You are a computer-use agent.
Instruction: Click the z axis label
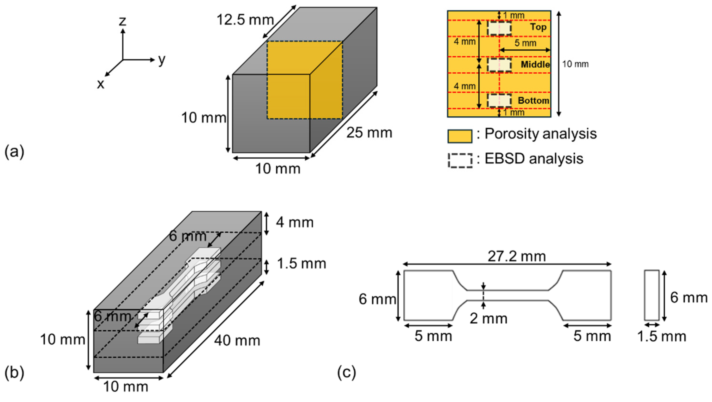click(122, 21)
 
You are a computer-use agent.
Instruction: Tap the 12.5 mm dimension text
click(245, 20)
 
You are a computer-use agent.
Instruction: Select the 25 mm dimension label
click(369, 133)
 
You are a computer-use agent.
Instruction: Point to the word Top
click(538, 27)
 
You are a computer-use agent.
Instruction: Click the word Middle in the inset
click(535, 65)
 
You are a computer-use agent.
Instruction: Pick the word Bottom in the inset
click(533, 100)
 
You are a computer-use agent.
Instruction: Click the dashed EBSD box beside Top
click(499, 28)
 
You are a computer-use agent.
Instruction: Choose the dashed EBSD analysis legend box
click(460, 161)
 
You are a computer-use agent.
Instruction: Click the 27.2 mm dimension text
click(517, 256)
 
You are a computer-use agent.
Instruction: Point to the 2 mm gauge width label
click(489, 318)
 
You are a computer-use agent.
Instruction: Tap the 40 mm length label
click(237, 341)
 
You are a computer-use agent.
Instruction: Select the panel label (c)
click(347, 373)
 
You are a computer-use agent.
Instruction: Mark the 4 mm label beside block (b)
click(295, 222)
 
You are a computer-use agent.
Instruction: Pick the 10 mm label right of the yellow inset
click(575, 64)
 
